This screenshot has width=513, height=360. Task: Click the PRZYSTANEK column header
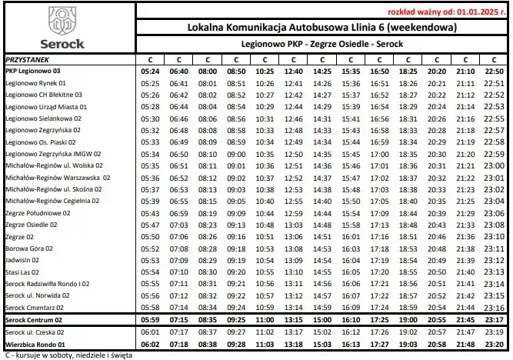pos(28,58)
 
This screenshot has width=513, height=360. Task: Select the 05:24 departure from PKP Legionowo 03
pos(151,71)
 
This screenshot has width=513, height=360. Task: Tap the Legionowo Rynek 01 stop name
pos(35,83)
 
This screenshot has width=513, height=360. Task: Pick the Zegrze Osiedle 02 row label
pos(32,225)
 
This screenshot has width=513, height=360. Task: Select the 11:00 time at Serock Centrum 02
pos(265,319)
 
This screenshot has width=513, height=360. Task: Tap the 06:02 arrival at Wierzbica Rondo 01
pos(151,344)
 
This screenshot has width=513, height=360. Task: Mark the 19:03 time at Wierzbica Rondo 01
pos(408,344)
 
